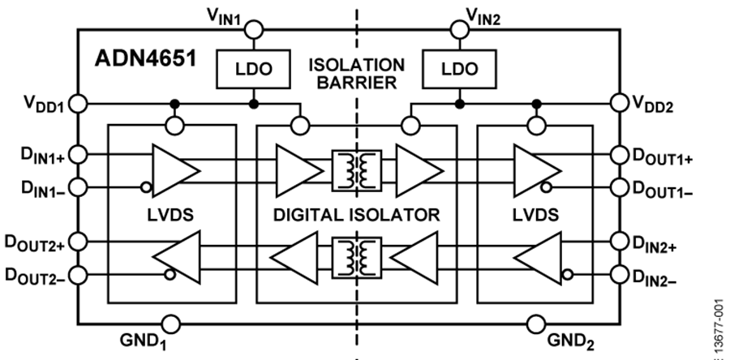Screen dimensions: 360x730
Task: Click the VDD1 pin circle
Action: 78,105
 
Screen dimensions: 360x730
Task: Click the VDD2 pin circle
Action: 620,105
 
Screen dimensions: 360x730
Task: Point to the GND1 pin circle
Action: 171,324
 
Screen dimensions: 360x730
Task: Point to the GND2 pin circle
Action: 535,324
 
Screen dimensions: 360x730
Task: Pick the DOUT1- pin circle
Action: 620,187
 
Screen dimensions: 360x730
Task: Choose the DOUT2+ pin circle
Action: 78,241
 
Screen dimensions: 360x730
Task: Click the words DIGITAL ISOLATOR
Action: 357,215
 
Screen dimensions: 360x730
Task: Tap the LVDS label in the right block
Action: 536,215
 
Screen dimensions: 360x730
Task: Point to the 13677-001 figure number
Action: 719,316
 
